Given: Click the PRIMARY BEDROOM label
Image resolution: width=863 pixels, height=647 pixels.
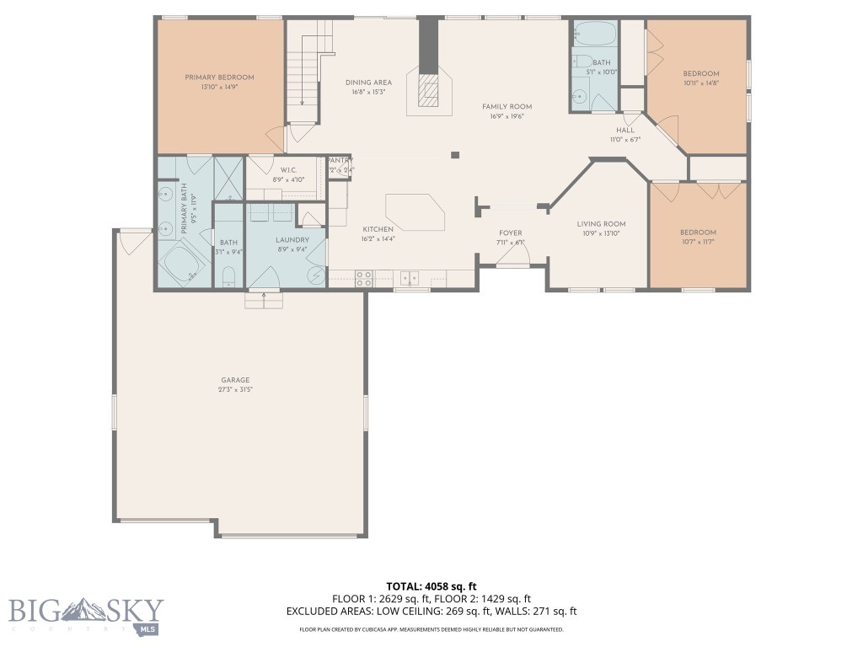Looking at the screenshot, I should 219,78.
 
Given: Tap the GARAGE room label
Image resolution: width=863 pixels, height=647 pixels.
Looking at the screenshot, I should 236,380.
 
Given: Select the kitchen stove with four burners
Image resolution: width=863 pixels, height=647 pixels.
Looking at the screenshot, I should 364,278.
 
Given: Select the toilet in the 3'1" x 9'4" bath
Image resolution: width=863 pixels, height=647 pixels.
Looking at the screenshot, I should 228,276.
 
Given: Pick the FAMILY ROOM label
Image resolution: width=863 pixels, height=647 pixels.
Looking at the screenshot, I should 507,107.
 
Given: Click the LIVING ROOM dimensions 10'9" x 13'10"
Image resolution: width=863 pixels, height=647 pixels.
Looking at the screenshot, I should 601,233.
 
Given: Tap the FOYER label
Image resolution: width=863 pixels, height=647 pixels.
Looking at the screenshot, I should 511,233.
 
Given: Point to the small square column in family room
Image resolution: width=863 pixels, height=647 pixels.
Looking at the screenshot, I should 455,155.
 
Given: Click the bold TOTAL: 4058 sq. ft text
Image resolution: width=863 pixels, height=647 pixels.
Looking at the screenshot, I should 431,586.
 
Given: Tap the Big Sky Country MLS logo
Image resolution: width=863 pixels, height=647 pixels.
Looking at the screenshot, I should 84,613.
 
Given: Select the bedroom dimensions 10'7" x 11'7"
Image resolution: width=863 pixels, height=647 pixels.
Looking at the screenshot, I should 698,242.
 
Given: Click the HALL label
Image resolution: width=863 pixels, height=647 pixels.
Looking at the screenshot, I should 624,131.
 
